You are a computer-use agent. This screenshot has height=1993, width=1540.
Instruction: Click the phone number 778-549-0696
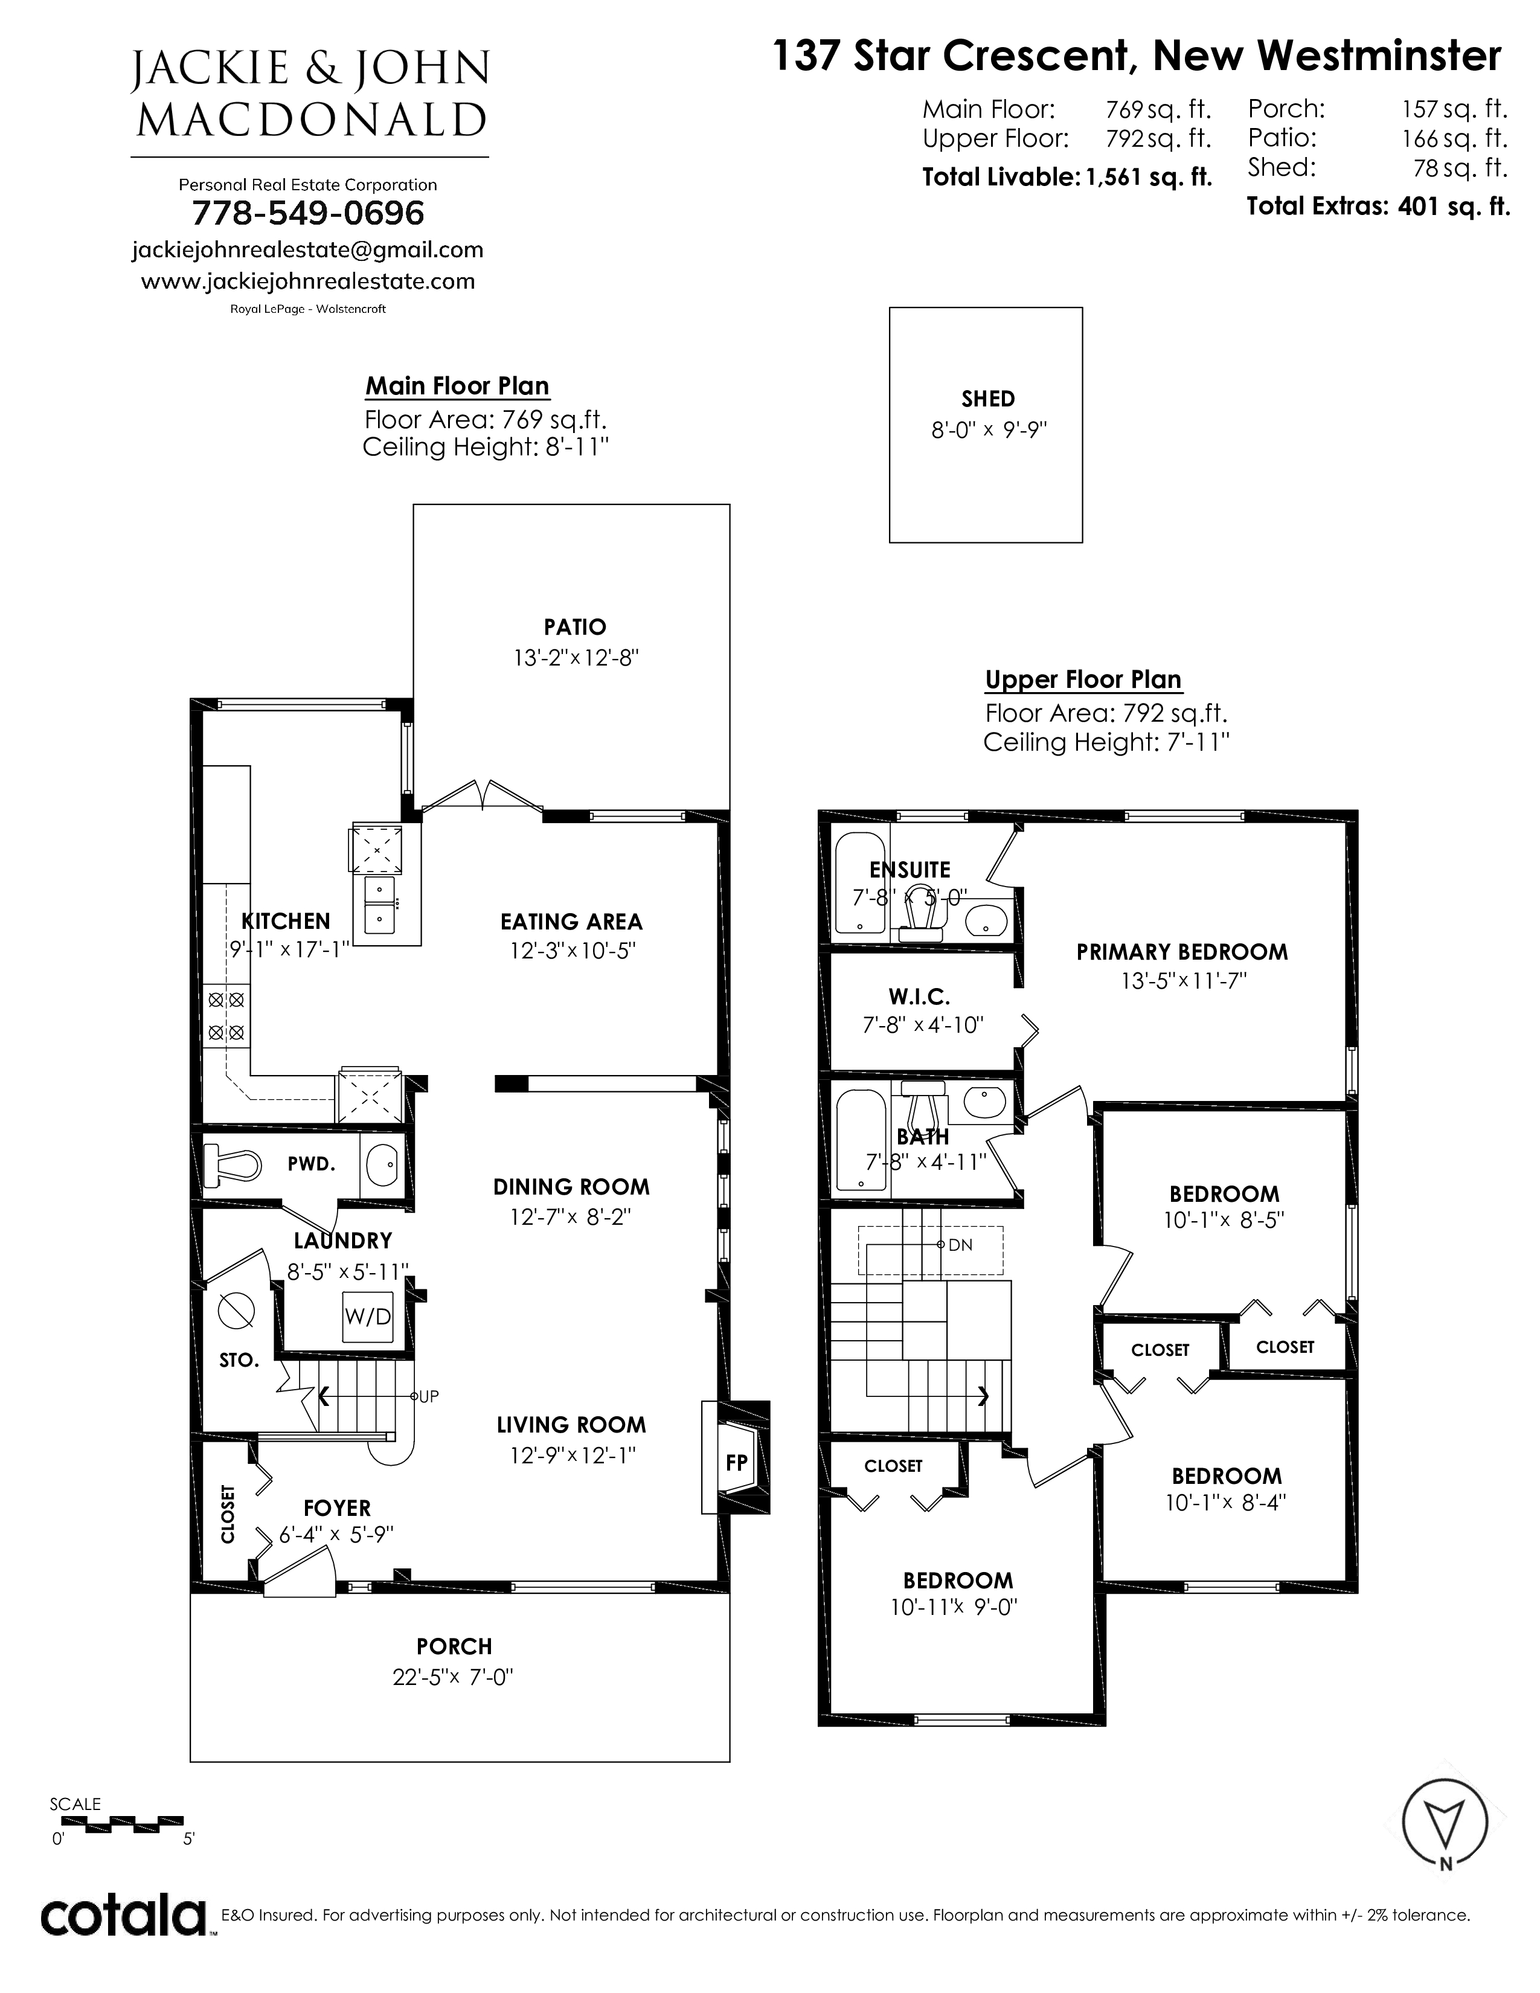click(309, 214)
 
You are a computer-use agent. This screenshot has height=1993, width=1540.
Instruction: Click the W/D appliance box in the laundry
click(368, 1317)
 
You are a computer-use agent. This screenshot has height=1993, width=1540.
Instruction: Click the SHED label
click(988, 399)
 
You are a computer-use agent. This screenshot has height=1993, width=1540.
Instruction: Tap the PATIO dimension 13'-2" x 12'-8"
click(575, 658)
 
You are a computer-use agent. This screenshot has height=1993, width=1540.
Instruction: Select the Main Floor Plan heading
click(457, 386)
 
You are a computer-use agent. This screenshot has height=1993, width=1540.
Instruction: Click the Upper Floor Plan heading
click(1083, 680)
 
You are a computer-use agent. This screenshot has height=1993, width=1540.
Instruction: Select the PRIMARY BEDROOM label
click(1182, 952)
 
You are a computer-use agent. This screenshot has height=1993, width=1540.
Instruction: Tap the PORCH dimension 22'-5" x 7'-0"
click(454, 1677)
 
